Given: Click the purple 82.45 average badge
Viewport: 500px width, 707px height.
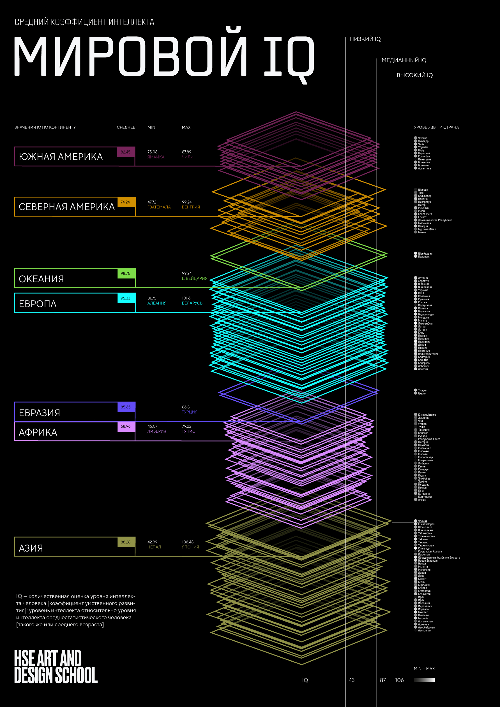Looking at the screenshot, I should point(126,152).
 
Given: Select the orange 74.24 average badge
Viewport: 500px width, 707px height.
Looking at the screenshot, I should point(126,202).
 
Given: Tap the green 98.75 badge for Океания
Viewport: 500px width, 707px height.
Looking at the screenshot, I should point(126,273).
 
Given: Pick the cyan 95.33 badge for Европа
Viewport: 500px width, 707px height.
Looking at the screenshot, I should point(126,298).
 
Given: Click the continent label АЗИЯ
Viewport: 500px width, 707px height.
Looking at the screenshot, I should point(31,548).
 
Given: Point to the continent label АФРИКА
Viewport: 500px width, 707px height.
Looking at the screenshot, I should point(38,432).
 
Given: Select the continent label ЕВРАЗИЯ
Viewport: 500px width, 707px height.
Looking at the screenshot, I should point(40,413).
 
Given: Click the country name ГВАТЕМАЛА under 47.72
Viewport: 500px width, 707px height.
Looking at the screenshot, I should point(159,207).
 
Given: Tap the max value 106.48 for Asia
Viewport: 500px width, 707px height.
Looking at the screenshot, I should point(187,542).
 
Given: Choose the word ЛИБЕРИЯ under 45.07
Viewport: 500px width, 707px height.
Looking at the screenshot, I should point(156,431).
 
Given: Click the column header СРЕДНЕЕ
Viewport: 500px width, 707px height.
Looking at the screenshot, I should point(126,127).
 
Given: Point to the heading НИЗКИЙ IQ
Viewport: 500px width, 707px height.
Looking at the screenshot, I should point(365,39).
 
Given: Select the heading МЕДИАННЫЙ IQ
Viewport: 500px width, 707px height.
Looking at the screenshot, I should point(404,60).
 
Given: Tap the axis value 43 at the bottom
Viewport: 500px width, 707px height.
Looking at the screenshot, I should point(351,680).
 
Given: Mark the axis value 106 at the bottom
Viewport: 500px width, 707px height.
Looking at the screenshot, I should point(399,680).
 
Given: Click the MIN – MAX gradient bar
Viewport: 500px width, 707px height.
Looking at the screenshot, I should point(424,680).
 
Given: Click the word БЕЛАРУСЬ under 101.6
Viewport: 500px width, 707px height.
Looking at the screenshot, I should point(192,303).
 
